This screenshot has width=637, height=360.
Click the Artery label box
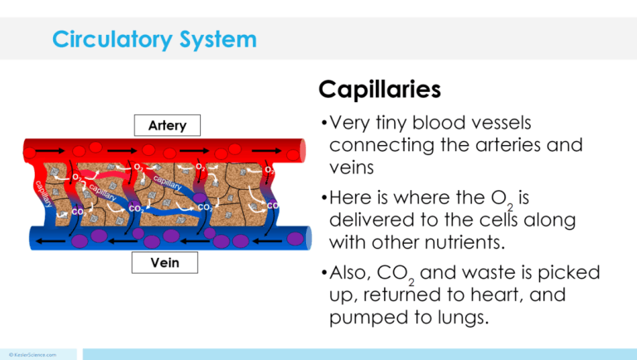[x=167, y=126]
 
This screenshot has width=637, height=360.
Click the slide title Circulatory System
[x=154, y=39]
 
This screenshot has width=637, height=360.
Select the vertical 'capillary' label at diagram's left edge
[x=43, y=192]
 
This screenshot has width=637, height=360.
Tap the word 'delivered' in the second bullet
[x=367, y=221]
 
